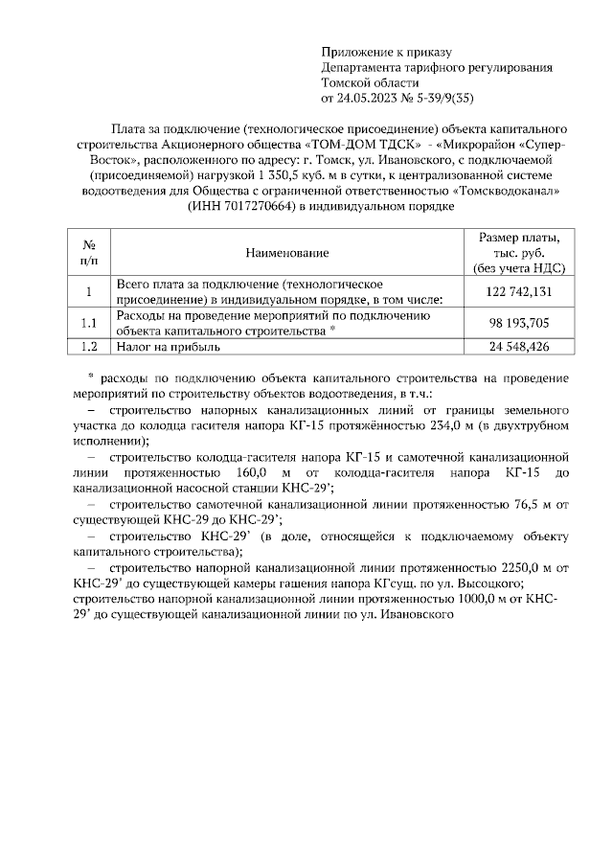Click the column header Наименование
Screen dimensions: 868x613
coord(286,253)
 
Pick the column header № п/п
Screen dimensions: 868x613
coord(88,253)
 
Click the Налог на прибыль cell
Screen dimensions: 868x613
coord(169,347)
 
